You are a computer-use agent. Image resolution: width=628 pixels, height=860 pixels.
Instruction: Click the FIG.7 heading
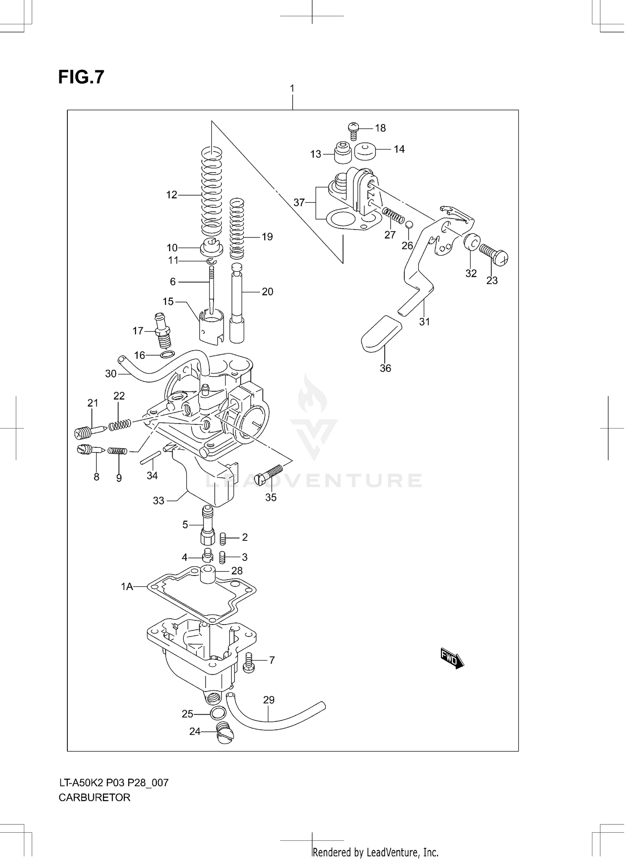pyautogui.click(x=81, y=77)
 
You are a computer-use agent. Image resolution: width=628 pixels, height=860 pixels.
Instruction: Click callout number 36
pyautogui.click(x=385, y=368)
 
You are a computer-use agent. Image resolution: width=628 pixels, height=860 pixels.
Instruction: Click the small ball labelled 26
pyautogui.click(x=409, y=225)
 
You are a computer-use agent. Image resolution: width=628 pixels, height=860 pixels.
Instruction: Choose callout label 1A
pyautogui.click(x=127, y=587)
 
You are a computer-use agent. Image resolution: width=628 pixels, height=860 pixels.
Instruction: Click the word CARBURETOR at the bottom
pyautogui.click(x=95, y=797)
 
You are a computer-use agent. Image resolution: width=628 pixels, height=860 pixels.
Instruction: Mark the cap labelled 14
pyautogui.click(x=365, y=152)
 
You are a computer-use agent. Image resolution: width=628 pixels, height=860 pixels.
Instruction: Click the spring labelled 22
pyautogui.click(x=120, y=425)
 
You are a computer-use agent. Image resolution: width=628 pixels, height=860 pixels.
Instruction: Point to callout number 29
pyautogui.click(x=269, y=700)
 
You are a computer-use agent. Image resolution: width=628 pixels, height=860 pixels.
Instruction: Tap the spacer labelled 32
pyautogui.click(x=472, y=242)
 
